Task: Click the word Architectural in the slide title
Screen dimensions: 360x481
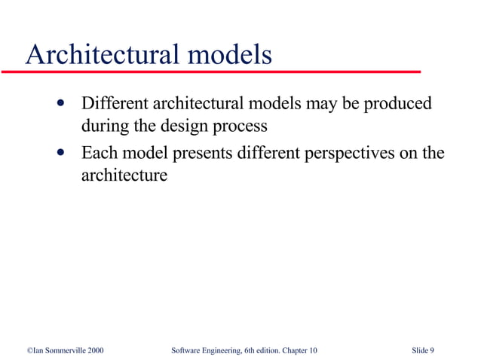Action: tap(101, 55)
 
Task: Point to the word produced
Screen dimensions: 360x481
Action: tap(397, 103)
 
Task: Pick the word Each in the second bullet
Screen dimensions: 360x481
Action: tap(99, 154)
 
